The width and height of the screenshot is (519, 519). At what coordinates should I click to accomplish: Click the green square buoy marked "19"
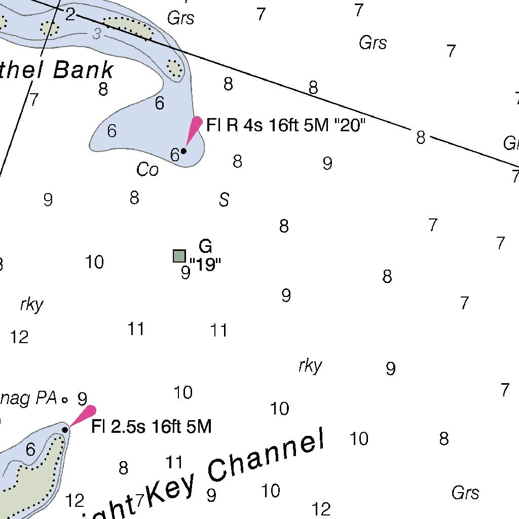coord(179,256)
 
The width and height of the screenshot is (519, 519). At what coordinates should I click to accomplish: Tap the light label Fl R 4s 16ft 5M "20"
coord(285,125)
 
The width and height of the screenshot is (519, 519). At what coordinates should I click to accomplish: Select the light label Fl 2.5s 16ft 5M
coord(151,427)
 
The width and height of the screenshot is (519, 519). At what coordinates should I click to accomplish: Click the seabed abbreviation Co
coord(147,170)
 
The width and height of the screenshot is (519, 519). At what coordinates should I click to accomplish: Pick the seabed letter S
coord(224,200)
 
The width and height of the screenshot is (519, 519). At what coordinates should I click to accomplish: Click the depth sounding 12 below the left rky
coord(19,337)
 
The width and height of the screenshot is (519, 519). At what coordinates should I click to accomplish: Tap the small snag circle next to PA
coord(65,400)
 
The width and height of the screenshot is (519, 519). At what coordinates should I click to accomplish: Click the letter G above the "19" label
coord(205,246)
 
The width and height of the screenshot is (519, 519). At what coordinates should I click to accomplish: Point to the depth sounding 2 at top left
coord(70,14)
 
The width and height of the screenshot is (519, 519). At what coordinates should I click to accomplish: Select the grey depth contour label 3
coord(97,34)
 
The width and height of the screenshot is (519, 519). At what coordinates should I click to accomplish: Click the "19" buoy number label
coord(205,265)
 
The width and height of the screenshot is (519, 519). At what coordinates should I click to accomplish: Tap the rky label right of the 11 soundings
coord(310,365)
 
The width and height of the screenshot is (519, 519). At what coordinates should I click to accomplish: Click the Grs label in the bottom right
coord(465,493)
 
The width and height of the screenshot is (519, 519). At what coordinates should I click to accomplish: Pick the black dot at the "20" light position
coord(183,151)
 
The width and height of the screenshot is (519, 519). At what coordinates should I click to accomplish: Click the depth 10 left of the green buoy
coord(94,262)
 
